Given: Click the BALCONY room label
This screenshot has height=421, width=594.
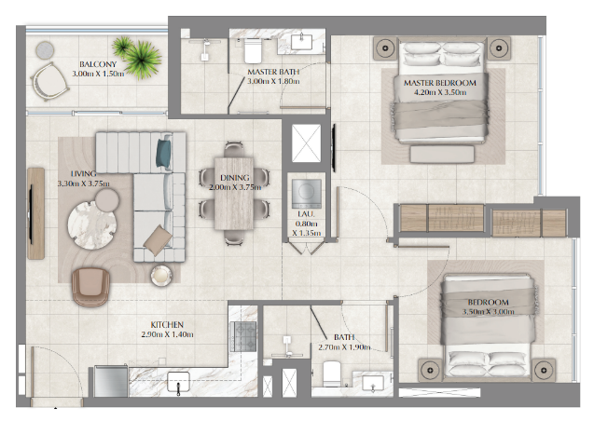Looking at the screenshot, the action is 98,64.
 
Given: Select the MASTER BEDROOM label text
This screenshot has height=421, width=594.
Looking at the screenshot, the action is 440,83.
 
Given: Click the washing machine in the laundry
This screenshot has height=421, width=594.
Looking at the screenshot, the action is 307,193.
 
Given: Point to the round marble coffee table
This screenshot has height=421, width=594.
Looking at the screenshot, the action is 92,224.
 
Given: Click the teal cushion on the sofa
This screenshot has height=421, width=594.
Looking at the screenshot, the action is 164,153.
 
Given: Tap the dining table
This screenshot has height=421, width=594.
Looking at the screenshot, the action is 234,194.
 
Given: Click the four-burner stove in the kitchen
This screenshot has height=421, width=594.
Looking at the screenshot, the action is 242,336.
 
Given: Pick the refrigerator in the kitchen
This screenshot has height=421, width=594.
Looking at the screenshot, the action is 111,381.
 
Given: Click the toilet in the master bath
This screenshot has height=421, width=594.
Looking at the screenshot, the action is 253,50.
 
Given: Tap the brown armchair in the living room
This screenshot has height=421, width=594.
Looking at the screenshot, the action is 91,287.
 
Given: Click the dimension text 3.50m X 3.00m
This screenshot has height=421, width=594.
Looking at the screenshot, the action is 488,312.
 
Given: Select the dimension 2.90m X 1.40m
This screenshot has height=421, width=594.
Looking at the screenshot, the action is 167,334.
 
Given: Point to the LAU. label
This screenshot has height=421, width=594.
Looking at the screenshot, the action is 306,214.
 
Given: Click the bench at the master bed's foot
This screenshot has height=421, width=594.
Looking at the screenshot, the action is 442,155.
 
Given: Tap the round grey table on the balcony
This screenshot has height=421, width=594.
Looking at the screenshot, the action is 45,50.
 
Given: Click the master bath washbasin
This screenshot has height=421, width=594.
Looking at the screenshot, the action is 301,42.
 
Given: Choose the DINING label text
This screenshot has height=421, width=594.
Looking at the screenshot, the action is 234,178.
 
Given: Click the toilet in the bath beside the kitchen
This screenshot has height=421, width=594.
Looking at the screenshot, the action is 332,373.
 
